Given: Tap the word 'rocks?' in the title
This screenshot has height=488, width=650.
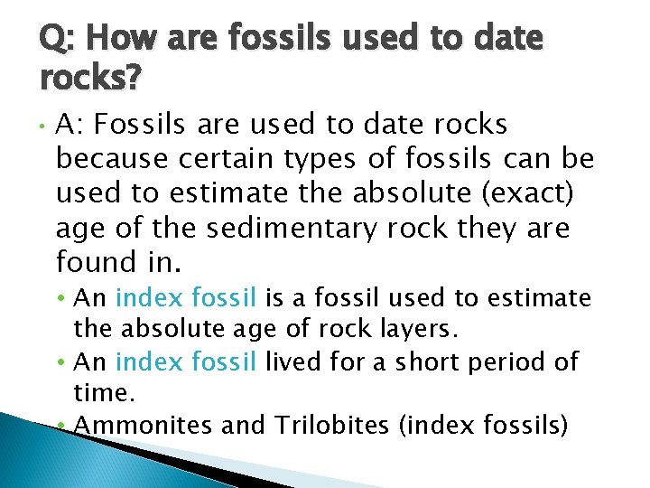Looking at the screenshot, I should (90, 80).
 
